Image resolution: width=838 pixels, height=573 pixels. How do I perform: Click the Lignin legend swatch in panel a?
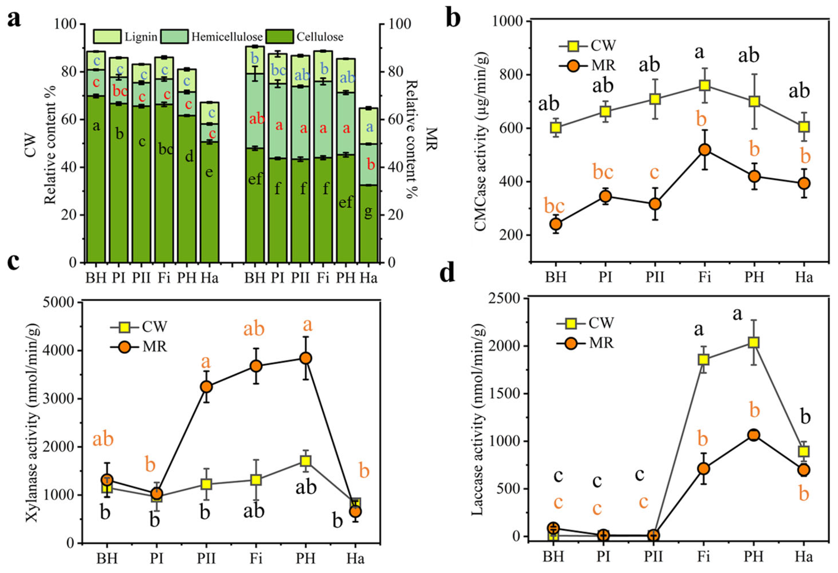pyautogui.click(x=107, y=36)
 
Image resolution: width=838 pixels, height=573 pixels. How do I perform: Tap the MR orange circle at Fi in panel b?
pyautogui.click(x=705, y=150)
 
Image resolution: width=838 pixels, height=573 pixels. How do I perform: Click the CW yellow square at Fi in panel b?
pyautogui.click(x=705, y=86)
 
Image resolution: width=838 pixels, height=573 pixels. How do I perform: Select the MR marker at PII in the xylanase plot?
pyautogui.click(x=206, y=387)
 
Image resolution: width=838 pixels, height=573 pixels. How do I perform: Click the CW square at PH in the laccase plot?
pyautogui.click(x=754, y=342)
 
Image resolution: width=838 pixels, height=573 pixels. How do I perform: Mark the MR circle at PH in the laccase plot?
pyautogui.click(x=754, y=435)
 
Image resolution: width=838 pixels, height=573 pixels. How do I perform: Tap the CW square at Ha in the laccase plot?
pyautogui.click(x=804, y=451)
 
